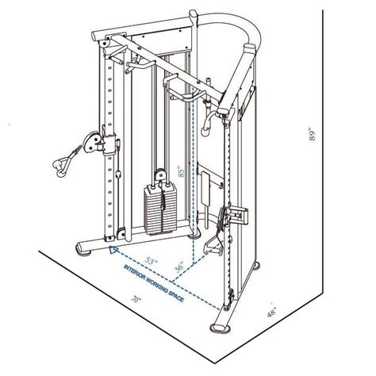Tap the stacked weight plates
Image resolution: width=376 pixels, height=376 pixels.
tap(159, 208)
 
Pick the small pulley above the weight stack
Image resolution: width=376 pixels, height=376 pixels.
tap(159, 176)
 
